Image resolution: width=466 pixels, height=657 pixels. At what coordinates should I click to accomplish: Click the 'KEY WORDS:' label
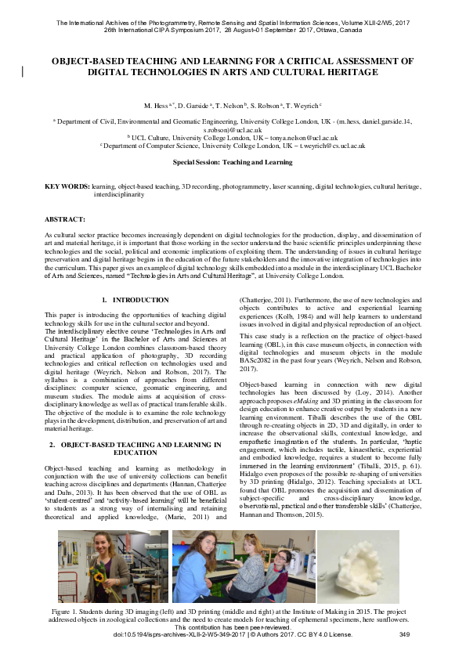(67, 187)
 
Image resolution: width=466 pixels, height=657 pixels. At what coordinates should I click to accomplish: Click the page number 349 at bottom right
(404, 634)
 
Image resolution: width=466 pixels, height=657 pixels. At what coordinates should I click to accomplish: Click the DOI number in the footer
(179, 634)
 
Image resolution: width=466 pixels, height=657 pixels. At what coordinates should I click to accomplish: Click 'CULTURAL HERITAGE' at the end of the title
(323, 72)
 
